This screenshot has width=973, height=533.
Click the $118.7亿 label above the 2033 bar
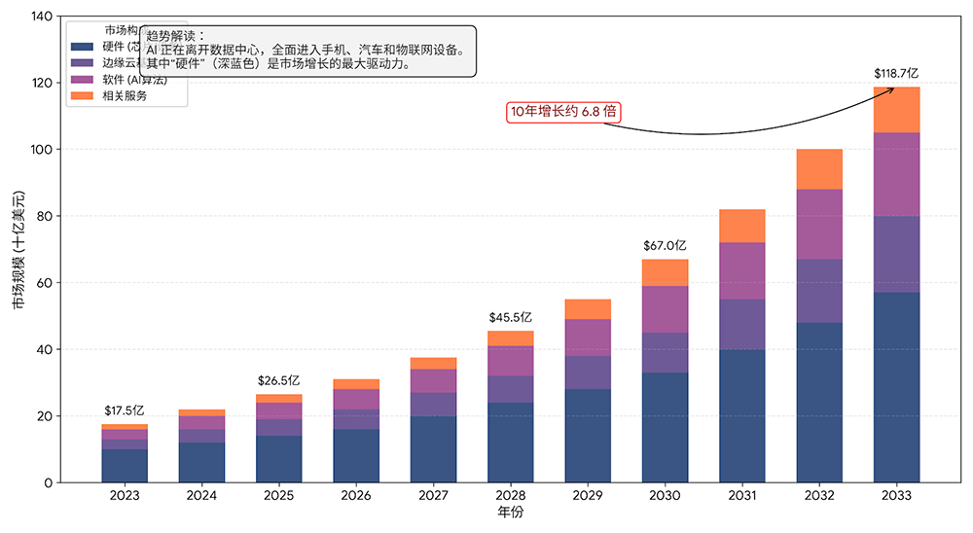(896, 73)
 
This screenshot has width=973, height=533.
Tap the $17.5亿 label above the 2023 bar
(125, 410)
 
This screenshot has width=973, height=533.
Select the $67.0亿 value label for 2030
(665, 246)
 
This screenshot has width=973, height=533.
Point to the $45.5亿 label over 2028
(511, 317)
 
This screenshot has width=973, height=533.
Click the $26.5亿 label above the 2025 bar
(278, 380)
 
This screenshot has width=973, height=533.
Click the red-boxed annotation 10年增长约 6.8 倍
(564, 112)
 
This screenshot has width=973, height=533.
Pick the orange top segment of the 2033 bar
(896, 110)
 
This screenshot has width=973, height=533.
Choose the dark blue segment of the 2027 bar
(433, 448)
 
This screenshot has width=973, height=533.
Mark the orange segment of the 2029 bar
(588, 309)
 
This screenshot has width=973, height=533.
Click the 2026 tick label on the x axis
(356, 496)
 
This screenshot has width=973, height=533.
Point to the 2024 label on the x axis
(201, 496)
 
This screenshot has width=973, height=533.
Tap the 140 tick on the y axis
(41, 17)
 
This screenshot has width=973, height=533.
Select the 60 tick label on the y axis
(45, 283)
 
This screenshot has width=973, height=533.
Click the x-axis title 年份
(510, 513)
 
